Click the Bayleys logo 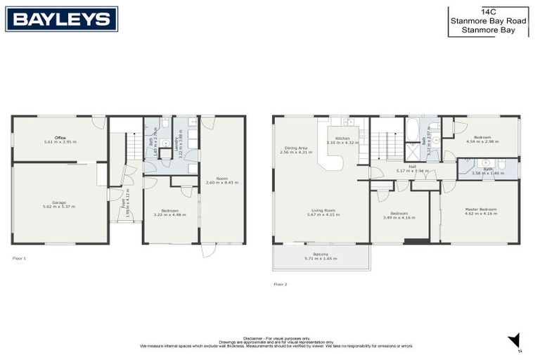[61, 19]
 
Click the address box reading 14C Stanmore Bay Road [488, 22]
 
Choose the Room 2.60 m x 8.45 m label [222, 180]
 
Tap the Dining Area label [296, 150]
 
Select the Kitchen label [343, 141]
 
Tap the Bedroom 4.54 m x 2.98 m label [482, 139]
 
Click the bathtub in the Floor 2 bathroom [413, 131]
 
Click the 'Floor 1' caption [19, 259]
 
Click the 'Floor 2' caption [280, 284]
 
